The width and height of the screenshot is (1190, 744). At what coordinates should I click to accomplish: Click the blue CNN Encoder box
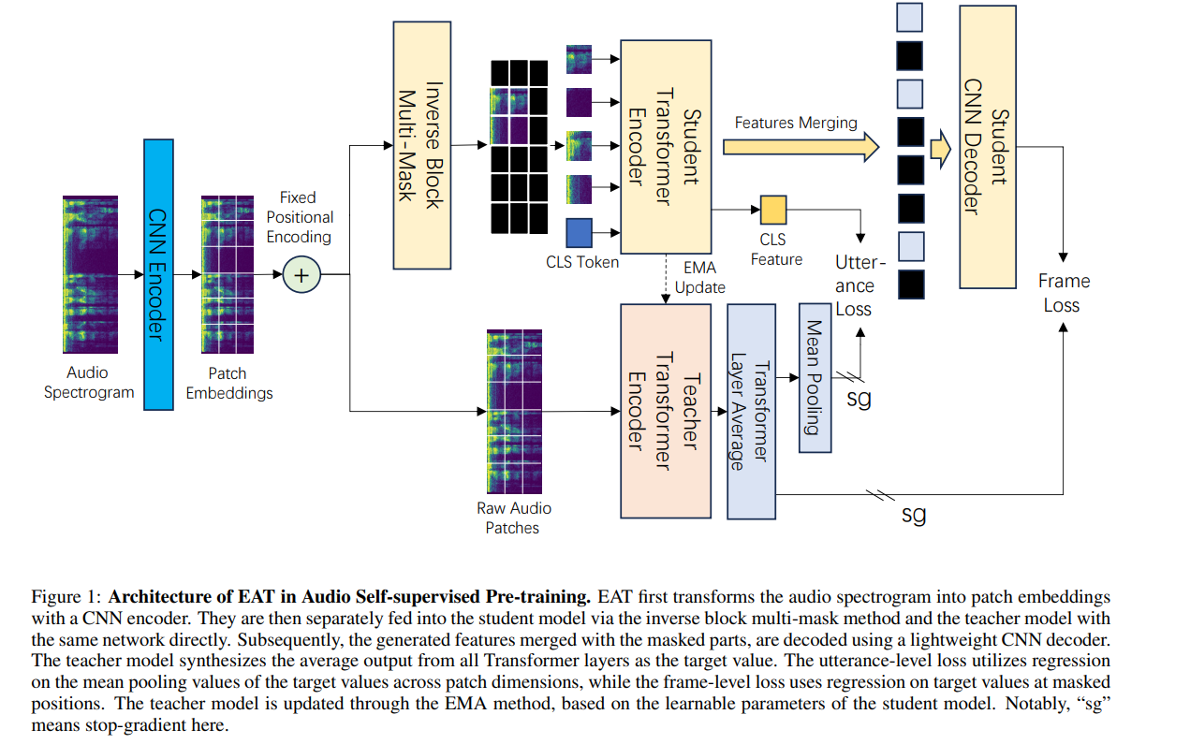[x=158, y=274]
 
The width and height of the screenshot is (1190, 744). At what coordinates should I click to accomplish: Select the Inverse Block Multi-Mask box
[x=422, y=145]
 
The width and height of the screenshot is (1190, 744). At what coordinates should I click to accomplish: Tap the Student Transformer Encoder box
[x=666, y=147]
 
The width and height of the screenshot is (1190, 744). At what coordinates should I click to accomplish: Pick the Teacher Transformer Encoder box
[x=666, y=411]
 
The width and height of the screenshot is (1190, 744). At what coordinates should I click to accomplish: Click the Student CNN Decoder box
[x=988, y=147]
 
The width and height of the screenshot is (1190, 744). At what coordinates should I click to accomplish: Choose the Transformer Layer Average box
[x=751, y=412]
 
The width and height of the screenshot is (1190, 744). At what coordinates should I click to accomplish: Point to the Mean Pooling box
[x=815, y=378]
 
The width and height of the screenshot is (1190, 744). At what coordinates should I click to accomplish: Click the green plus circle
[x=301, y=275]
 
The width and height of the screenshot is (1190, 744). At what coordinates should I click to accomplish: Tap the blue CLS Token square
[x=579, y=233]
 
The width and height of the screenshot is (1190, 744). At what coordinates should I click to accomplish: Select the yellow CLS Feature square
[x=773, y=210]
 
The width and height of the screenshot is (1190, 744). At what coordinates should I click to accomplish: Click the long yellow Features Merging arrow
[x=801, y=147]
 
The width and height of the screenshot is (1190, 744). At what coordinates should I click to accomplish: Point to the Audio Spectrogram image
[x=90, y=274]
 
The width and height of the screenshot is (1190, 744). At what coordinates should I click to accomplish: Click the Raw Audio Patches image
[x=514, y=412]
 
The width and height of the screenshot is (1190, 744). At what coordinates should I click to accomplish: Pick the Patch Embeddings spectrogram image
[x=228, y=274]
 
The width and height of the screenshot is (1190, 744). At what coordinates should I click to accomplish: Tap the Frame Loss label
[x=1064, y=293]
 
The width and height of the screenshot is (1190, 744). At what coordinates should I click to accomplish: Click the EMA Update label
[x=699, y=277]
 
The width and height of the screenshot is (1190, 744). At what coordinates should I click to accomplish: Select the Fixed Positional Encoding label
[x=300, y=217]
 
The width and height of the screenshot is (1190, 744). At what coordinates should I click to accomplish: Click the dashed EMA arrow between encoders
[x=666, y=279]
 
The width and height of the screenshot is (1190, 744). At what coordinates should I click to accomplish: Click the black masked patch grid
[x=519, y=147]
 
